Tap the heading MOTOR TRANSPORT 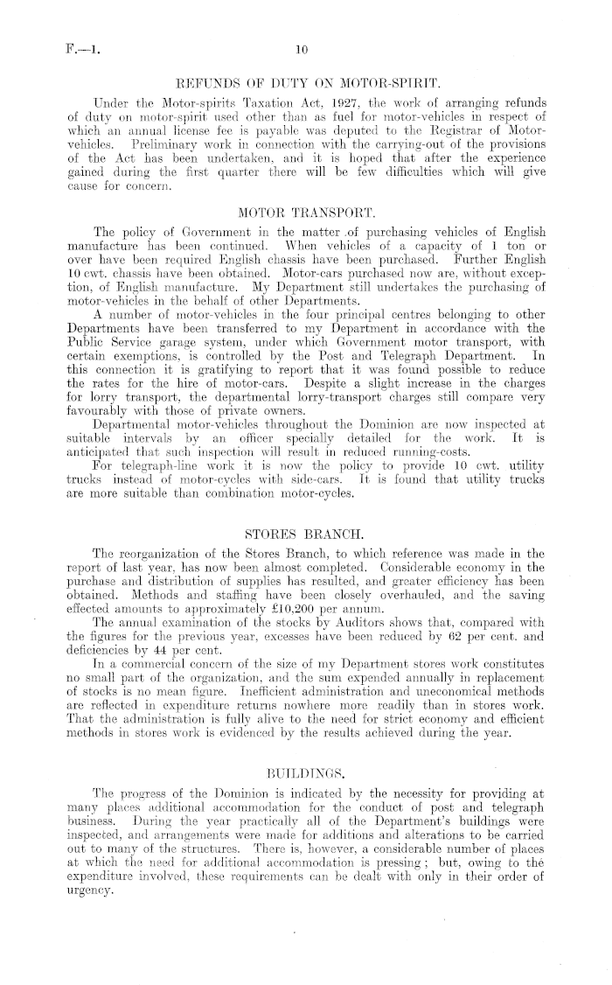tap(306, 210)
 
